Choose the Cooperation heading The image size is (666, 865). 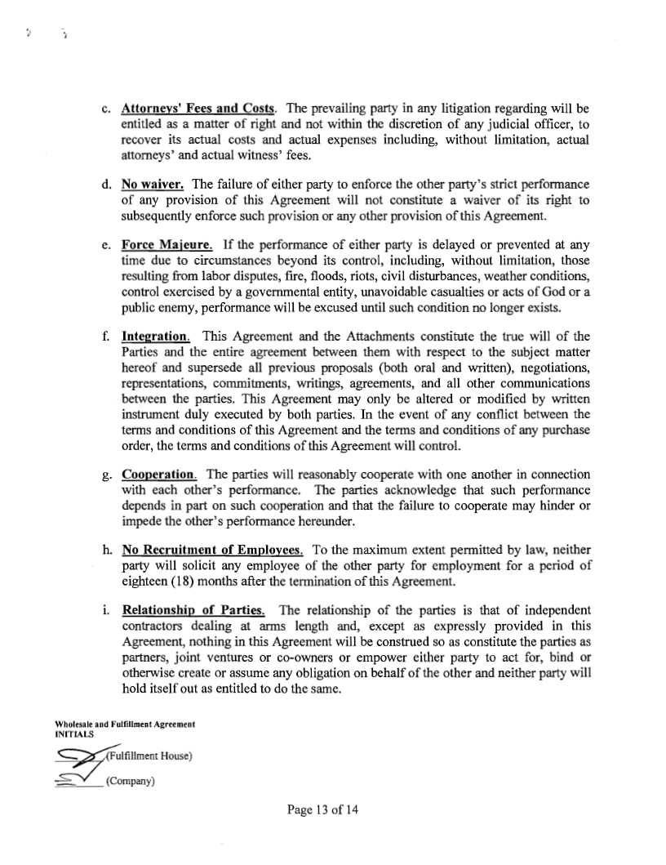tap(159, 474)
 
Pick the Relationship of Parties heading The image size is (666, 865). tap(193, 612)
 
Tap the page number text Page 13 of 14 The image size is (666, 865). tap(322, 809)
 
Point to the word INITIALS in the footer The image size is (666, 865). tap(74, 733)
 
